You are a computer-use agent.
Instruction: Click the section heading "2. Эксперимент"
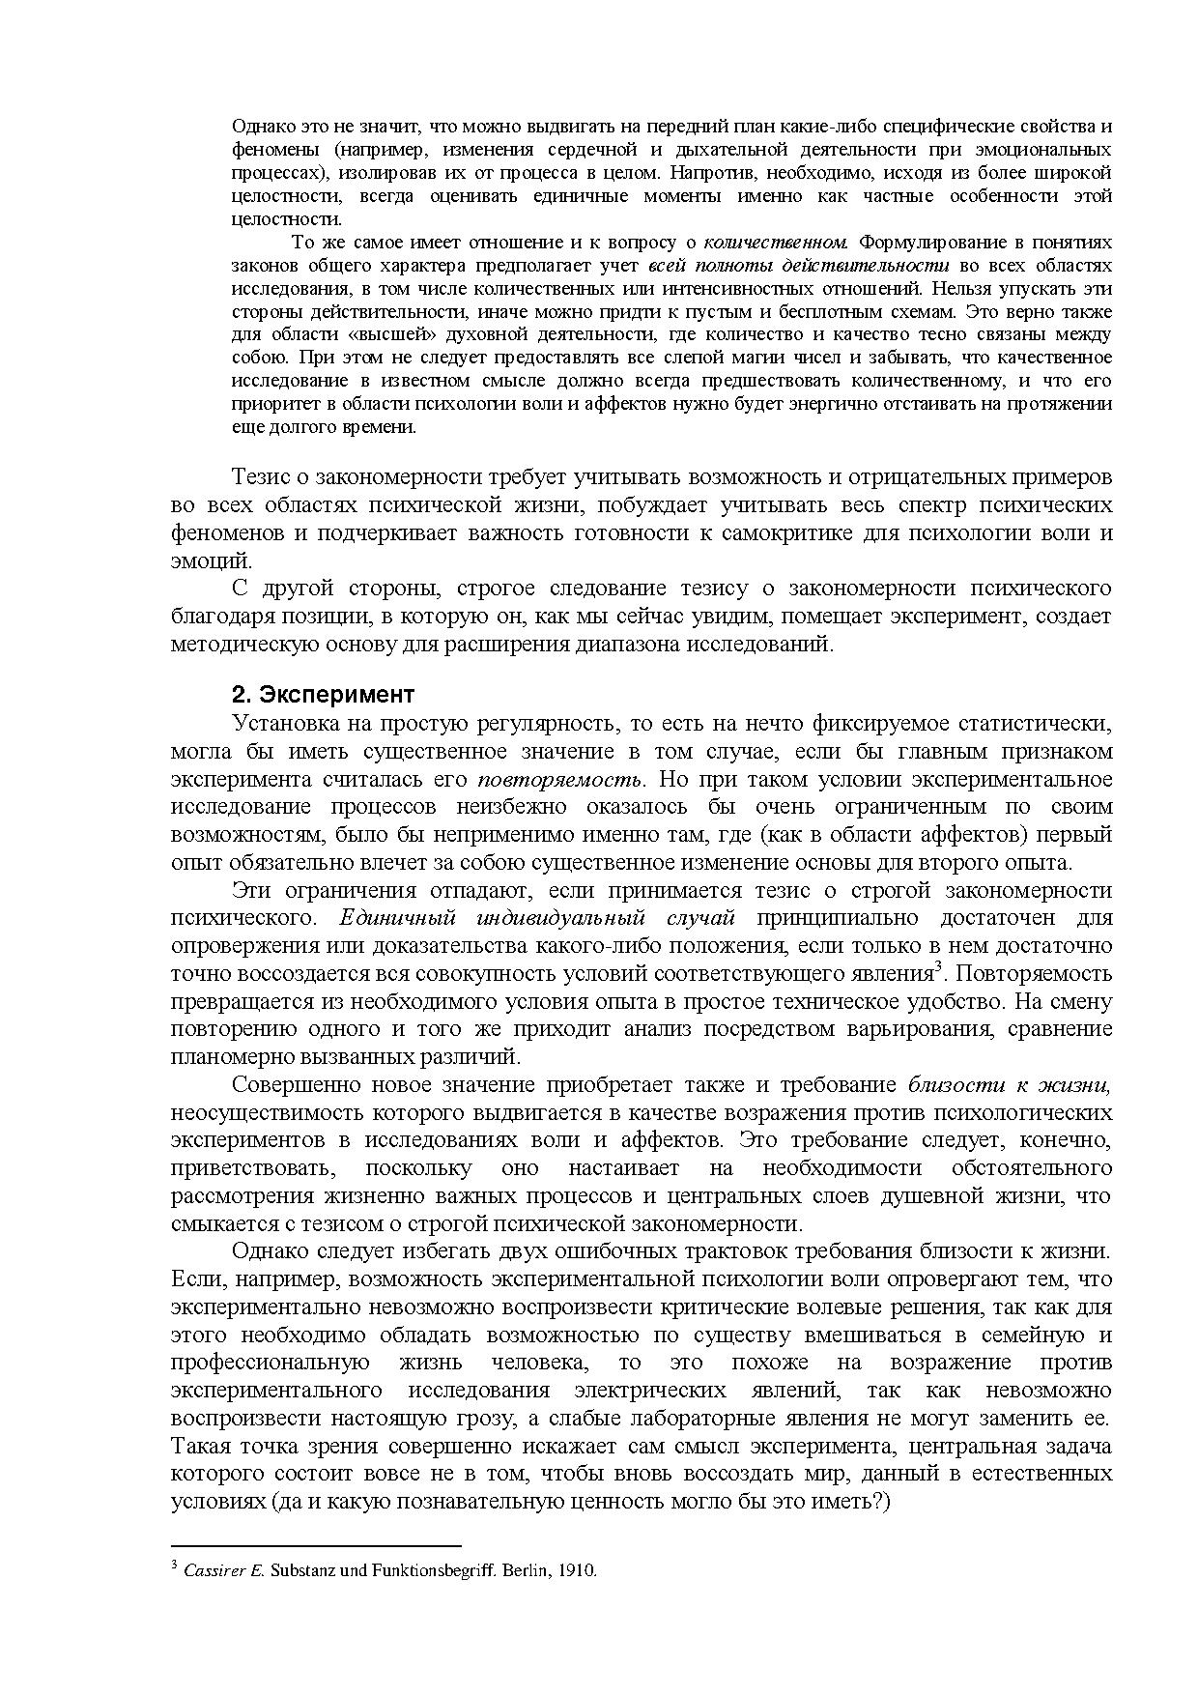pos(324,695)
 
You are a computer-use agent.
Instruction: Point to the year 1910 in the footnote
pos(579,1570)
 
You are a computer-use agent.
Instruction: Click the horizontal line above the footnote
pos(316,1546)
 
